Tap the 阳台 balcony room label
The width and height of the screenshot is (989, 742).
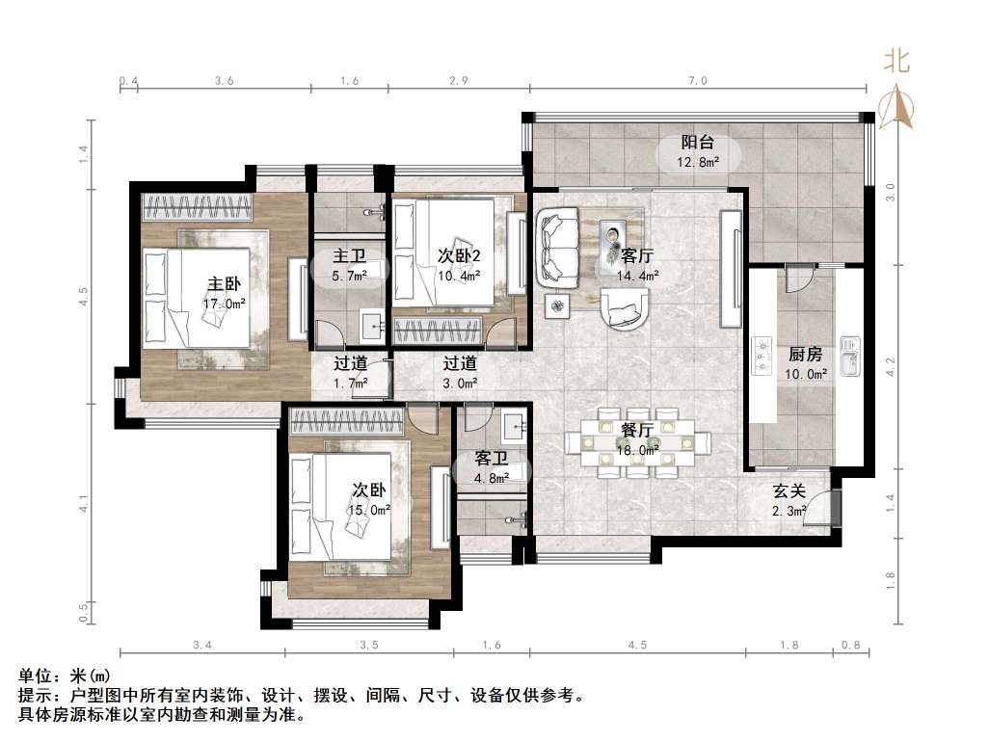699,144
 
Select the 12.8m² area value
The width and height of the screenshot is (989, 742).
699,162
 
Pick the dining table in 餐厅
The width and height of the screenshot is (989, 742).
637,442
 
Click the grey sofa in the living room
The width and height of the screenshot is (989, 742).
558,250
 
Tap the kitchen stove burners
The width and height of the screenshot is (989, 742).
762,355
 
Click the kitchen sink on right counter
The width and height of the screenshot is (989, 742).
849,356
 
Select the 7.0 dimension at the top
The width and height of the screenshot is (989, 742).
697,82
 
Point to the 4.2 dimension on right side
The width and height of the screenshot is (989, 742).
891,366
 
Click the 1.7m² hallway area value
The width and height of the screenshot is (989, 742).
349,384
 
